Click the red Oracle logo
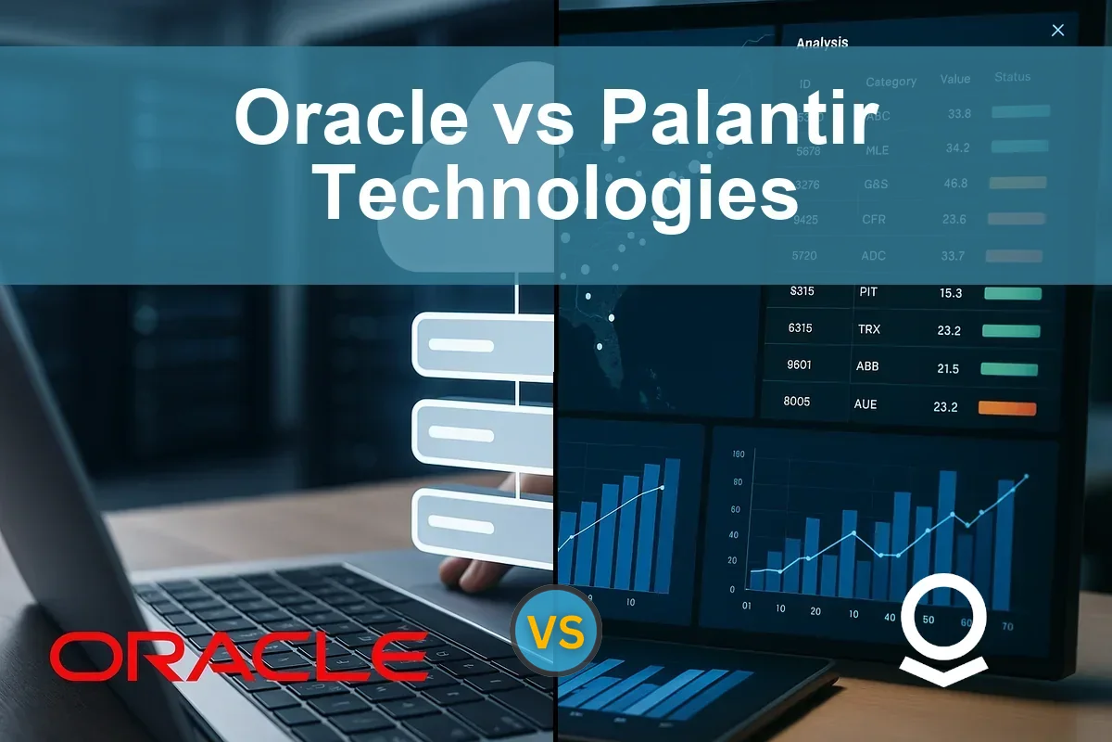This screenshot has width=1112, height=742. [238, 657]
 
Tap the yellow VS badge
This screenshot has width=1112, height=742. [557, 634]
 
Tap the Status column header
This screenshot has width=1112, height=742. [1012, 77]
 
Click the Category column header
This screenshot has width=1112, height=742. [891, 82]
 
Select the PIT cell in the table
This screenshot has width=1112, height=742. [867, 291]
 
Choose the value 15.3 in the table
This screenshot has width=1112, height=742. [950, 293]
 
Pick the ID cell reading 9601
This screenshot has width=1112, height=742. [799, 365]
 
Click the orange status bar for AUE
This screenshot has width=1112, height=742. [1007, 408]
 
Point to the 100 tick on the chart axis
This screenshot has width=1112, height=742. [738, 454]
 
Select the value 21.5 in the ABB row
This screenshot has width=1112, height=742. [947, 368]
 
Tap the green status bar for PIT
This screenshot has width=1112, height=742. [1012, 293]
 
